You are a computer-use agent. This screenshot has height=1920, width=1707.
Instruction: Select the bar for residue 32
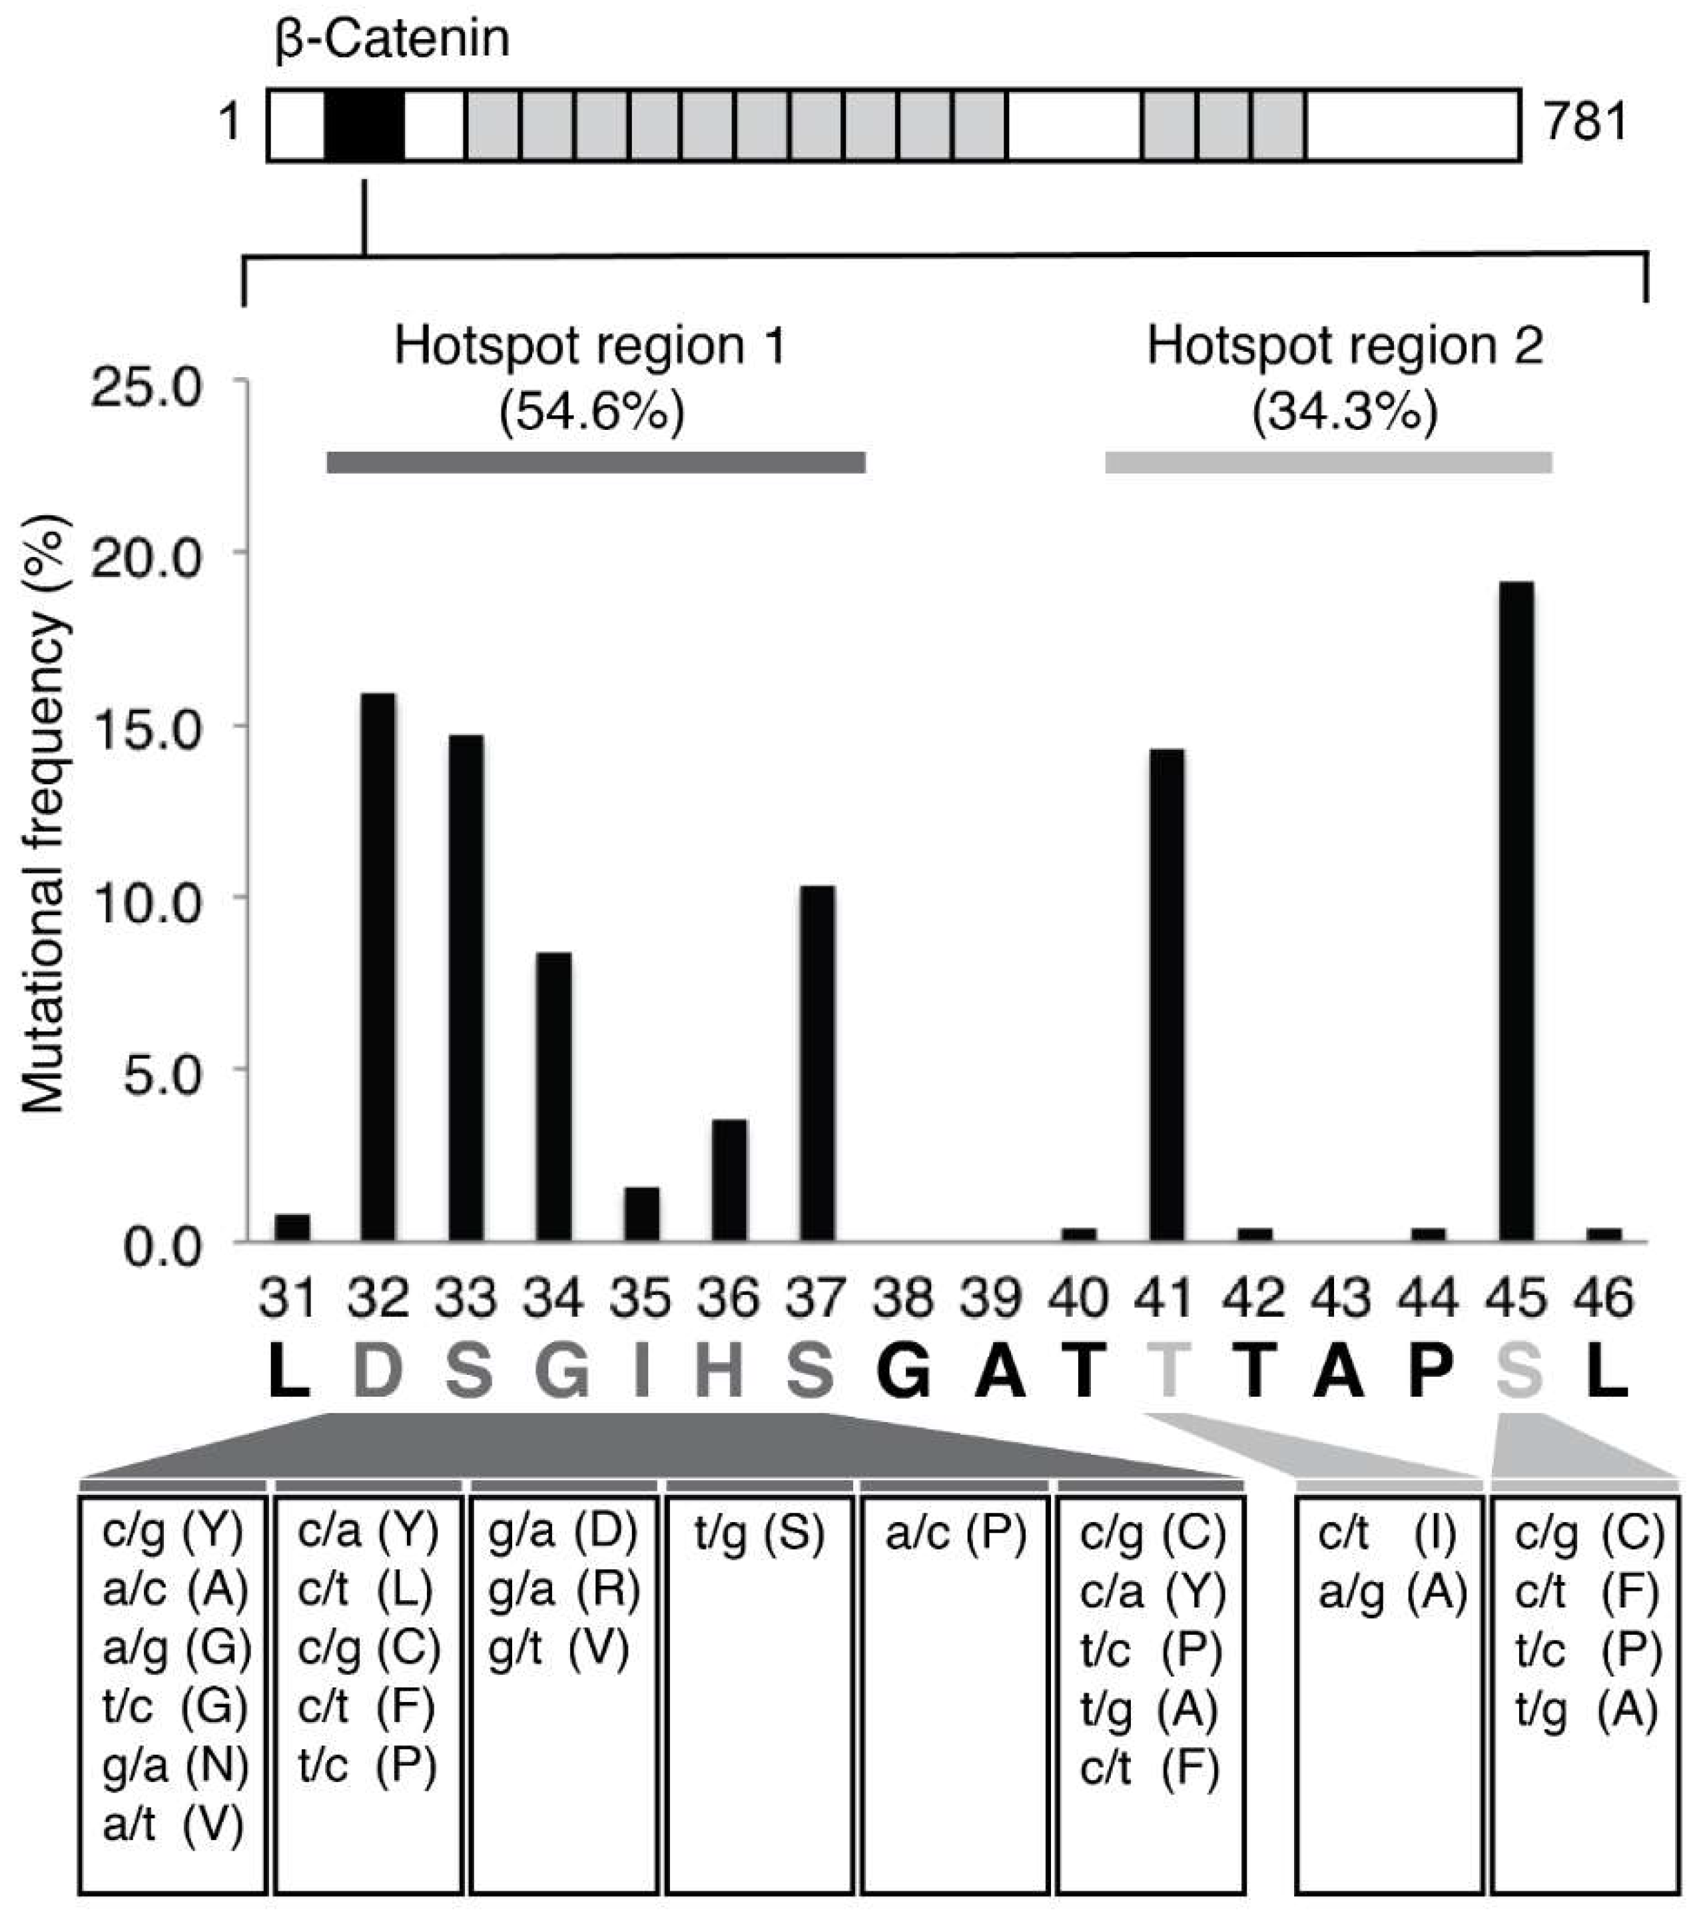pyautogui.click(x=378, y=968)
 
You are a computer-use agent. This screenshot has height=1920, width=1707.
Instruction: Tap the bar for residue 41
pyautogui.click(x=1166, y=996)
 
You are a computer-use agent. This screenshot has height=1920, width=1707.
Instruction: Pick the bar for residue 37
pyautogui.click(x=817, y=1064)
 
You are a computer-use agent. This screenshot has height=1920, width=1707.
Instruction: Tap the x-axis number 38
pyautogui.click(x=903, y=1299)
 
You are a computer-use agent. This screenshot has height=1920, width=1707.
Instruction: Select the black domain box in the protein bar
pyautogui.click(x=364, y=125)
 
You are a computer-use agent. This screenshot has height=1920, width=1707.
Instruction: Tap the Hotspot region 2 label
pyautogui.click(x=1345, y=346)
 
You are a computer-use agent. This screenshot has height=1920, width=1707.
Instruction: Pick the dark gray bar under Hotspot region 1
pyautogui.click(x=595, y=462)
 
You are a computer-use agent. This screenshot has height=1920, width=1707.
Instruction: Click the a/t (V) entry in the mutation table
pyautogui.click(x=172, y=1825)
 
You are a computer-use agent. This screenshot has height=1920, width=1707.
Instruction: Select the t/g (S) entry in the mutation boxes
pyautogui.click(x=759, y=1534)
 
